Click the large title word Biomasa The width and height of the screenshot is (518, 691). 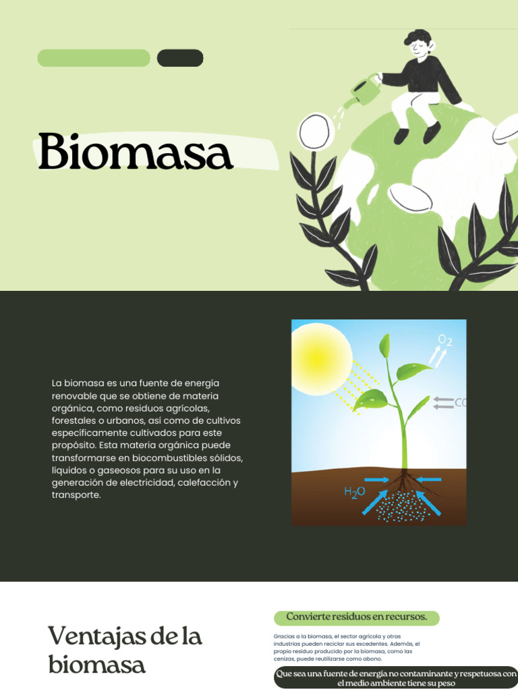[x=135, y=152]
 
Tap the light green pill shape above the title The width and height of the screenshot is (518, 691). [x=94, y=58]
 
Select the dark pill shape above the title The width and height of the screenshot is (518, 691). [x=180, y=58]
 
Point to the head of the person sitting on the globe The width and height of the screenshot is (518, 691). [x=417, y=45]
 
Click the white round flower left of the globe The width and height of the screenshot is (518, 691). [x=315, y=131]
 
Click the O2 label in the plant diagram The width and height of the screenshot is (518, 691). [x=445, y=340]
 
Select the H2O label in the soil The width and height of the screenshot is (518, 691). [x=355, y=492]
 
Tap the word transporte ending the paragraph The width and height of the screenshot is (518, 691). [x=76, y=495]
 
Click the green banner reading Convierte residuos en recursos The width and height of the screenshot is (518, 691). [x=356, y=617]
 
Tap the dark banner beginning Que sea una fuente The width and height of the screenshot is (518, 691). [x=396, y=678]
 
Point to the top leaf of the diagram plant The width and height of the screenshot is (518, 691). [x=384, y=346]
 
